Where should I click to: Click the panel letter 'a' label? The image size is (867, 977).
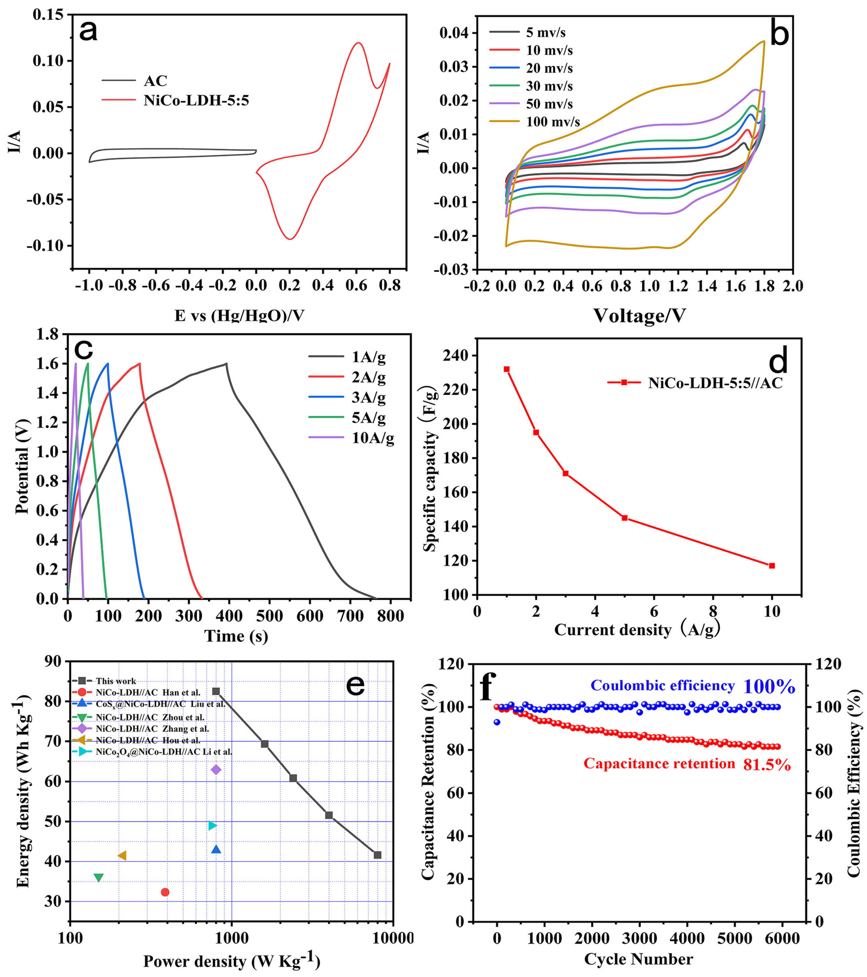(x=89, y=31)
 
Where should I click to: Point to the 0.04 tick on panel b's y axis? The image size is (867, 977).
(x=454, y=33)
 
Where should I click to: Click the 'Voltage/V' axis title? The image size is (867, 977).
(x=639, y=316)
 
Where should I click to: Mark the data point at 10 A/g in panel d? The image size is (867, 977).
(x=772, y=566)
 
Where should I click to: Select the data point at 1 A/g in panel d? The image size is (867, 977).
(x=507, y=369)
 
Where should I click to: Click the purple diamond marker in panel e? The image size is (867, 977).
(x=216, y=770)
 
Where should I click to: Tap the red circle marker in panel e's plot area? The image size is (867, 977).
(x=165, y=892)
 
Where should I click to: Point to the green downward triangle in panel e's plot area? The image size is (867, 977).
(x=98, y=878)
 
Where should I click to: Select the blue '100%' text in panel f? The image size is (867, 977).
(x=769, y=687)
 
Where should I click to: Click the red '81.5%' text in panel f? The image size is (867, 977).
(x=767, y=766)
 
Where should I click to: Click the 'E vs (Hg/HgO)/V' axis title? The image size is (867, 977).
(x=239, y=316)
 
